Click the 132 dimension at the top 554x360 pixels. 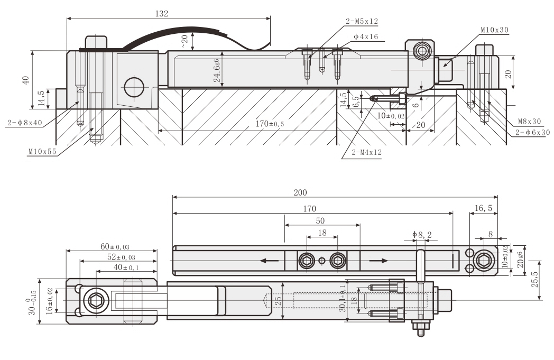(x=162, y=14)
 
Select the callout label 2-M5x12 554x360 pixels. (x=362, y=22)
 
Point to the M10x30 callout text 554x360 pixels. (x=494, y=30)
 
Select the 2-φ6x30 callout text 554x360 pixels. (x=532, y=132)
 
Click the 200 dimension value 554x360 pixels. (x=300, y=192)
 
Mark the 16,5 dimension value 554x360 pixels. (x=483, y=208)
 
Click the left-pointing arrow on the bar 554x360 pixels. (x=269, y=260)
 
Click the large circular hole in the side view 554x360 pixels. (x=134, y=87)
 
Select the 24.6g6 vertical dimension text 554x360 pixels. (x=217, y=69)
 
